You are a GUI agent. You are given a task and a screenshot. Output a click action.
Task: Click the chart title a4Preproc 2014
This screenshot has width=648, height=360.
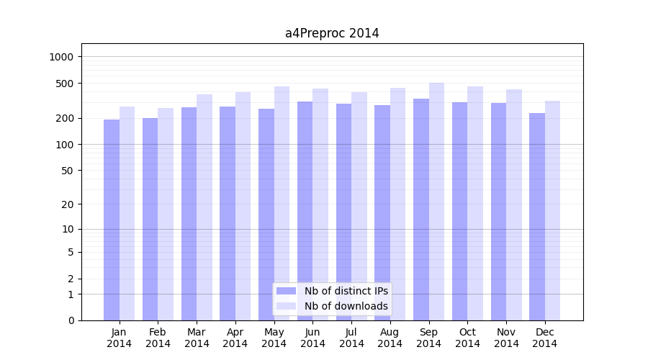(332, 33)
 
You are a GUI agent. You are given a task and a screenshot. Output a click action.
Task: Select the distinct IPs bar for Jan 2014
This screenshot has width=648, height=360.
(112, 220)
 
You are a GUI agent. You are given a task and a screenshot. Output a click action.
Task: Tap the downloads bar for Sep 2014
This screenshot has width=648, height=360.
(436, 202)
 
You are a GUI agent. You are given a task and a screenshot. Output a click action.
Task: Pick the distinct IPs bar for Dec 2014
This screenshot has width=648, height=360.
(537, 216)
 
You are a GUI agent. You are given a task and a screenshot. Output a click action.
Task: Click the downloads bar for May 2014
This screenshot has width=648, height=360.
(282, 203)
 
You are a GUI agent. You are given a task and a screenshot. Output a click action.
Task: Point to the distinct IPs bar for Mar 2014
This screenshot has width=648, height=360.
(189, 214)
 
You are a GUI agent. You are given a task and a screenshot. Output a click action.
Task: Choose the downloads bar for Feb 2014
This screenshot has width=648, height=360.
(166, 214)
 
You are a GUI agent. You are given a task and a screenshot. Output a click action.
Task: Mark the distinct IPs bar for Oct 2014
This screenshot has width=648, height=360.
(459, 211)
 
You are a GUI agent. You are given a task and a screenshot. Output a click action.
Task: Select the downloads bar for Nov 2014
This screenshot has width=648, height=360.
(514, 204)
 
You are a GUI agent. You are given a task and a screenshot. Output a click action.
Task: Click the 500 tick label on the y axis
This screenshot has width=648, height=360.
(66, 84)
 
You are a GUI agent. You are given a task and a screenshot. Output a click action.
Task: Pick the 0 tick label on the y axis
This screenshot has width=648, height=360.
(71, 320)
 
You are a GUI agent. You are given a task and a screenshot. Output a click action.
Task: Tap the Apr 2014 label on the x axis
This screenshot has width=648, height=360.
(235, 338)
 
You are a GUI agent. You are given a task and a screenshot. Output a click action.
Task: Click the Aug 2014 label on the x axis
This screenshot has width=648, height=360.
(390, 338)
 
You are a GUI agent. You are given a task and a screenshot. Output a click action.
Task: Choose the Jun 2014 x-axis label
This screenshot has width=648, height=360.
(312, 338)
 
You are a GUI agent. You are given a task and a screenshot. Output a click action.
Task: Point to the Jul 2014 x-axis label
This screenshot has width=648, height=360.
(351, 338)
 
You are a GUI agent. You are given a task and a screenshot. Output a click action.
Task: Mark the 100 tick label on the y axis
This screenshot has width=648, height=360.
(66, 145)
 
